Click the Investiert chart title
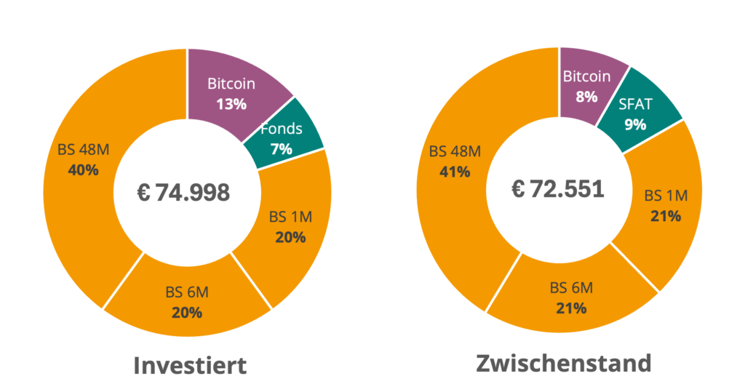click(x=190, y=364)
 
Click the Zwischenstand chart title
click(x=563, y=362)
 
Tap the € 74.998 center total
click(x=183, y=192)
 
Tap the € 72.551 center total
click(x=557, y=190)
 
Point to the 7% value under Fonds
click(x=281, y=149)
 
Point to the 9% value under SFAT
click(x=635, y=124)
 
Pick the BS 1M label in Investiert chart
click(x=290, y=217)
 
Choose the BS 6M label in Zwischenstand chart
click(x=571, y=287)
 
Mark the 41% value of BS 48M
click(x=455, y=172)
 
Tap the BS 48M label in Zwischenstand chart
click(x=455, y=151)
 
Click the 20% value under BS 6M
click(x=187, y=313)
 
